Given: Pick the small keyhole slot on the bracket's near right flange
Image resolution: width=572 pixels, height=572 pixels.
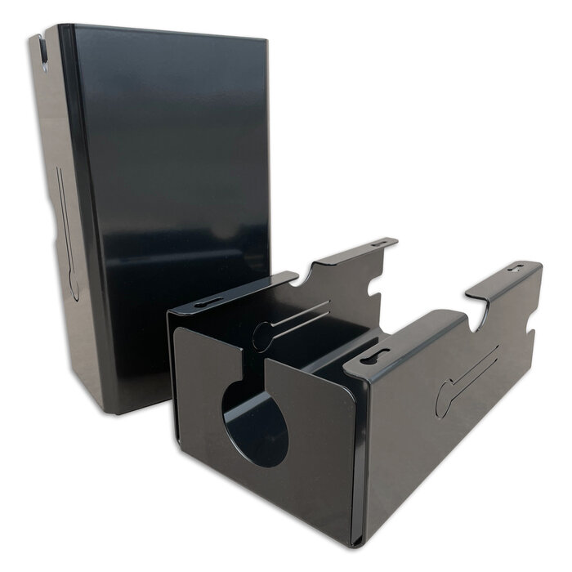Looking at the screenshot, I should [375, 356].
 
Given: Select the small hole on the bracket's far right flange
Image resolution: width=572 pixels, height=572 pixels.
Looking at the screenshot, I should [515, 267].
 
